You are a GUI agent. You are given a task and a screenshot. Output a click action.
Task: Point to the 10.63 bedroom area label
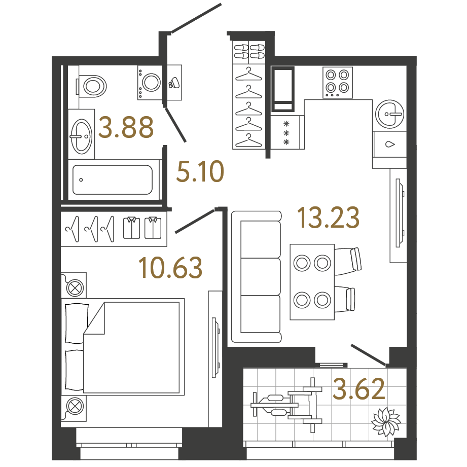tap(170, 267)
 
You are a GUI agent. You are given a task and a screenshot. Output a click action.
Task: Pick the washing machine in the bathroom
tap(150, 82)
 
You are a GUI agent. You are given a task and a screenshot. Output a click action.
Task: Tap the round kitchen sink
tap(391, 113)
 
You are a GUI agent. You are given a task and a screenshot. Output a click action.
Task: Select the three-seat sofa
tap(256, 276)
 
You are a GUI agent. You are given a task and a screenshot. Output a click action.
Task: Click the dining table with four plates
tap(312, 282)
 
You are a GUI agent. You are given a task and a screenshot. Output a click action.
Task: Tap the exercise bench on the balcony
tap(286, 406)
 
